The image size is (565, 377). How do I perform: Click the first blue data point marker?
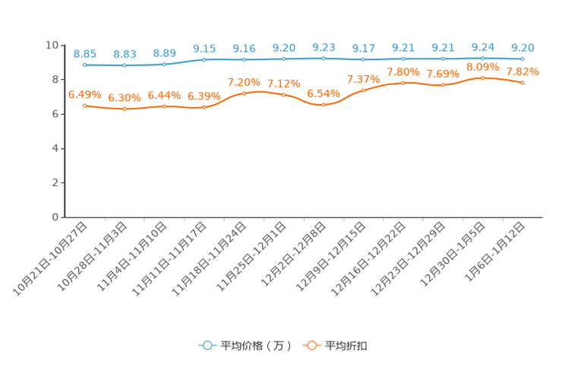pyautogui.click(x=84, y=65)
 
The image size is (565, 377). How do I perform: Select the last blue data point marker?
pyautogui.click(x=522, y=59)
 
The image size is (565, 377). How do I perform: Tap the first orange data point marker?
pyautogui.click(x=84, y=106)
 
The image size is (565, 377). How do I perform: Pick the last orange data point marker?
pyautogui.click(x=522, y=82)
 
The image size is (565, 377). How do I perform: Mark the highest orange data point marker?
pyautogui.click(x=482, y=78)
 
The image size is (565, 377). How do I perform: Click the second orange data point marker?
pyautogui.click(x=124, y=109)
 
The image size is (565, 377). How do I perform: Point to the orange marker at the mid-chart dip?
pyautogui.click(x=323, y=105)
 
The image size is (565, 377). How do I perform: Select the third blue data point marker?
pyautogui.click(x=164, y=64)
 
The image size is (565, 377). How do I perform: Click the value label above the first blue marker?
pyautogui.click(x=84, y=54)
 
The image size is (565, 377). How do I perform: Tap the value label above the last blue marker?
pyautogui.click(x=522, y=47)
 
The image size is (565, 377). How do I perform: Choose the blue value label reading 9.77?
pyautogui.click(x=363, y=49)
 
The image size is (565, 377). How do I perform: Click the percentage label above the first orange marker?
pyautogui.click(x=84, y=94)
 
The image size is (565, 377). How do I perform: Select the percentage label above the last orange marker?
pyautogui.click(x=522, y=71)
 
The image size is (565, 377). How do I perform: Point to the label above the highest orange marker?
pyautogui.click(x=482, y=67)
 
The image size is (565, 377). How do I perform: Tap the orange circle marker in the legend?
pyautogui.click(x=311, y=345)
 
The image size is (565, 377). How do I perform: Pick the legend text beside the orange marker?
pyautogui.click(x=347, y=346)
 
